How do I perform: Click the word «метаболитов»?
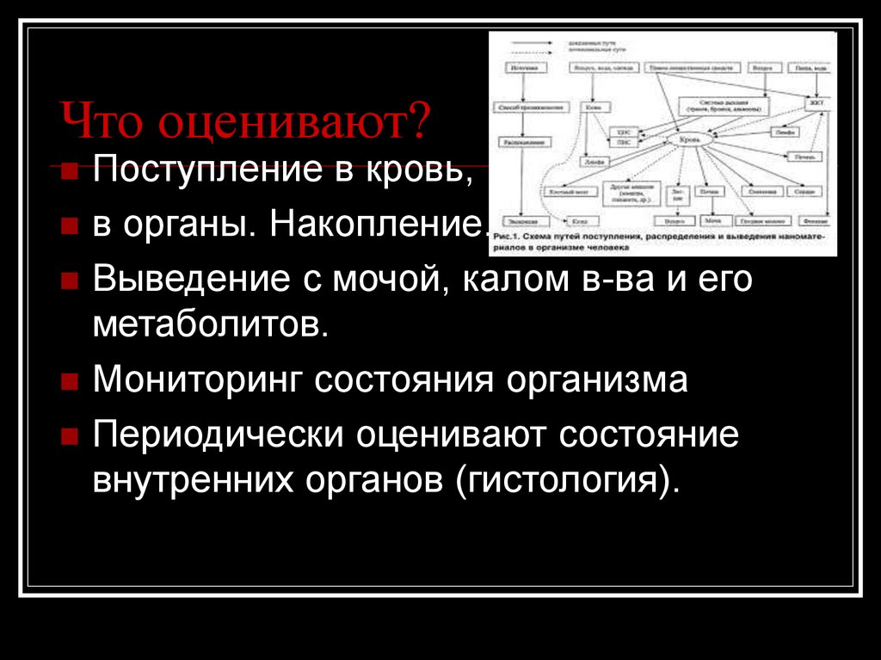[210, 324]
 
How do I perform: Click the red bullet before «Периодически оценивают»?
[69, 436]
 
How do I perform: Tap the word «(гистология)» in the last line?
[568, 478]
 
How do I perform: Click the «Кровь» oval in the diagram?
[690, 139]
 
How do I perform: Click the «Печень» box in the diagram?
[804, 157]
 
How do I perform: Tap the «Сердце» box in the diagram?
[804, 191]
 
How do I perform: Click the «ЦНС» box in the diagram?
[623, 133]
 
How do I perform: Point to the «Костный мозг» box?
[570, 192]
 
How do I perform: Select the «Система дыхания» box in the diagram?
[724, 106]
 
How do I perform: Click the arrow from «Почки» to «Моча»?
[712, 207]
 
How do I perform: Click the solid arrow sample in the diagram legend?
[531, 42]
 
